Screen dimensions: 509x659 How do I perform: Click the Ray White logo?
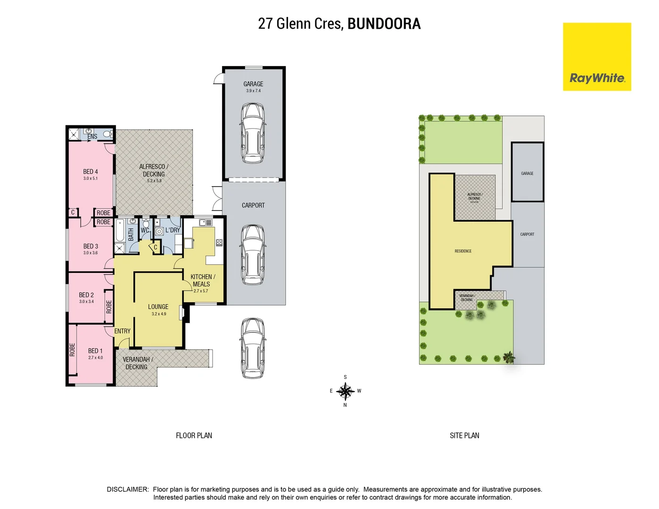tap(597, 57)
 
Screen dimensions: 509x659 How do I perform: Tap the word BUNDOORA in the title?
tap(384, 24)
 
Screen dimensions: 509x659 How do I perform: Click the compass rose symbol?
tap(345, 391)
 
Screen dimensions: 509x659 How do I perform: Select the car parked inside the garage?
tap(253, 133)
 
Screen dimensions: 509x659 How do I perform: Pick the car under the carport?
tap(253, 254)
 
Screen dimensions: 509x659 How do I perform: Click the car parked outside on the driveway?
tap(252, 348)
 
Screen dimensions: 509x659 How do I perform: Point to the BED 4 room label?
tap(91, 172)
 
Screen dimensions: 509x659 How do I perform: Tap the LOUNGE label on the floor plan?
tap(158, 306)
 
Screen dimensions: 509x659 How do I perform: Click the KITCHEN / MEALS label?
tap(202, 280)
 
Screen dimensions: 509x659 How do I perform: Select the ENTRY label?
tap(123, 331)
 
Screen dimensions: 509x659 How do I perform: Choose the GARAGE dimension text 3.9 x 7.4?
tap(253, 91)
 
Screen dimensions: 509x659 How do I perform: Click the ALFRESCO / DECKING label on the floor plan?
tap(154, 170)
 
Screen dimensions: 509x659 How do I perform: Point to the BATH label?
tap(131, 235)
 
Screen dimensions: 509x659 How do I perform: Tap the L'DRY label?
tap(173, 230)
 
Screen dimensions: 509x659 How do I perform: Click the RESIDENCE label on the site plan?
tap(463, 251)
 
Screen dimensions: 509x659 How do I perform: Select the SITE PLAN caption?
tap(464, 435)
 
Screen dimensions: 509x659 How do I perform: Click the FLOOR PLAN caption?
tap(194, 435)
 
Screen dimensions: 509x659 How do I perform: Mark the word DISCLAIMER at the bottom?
tap(128, 489)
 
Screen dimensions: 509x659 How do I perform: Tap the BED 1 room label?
tap(95, 351)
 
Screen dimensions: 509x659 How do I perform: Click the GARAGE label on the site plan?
tap(527, 173)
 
